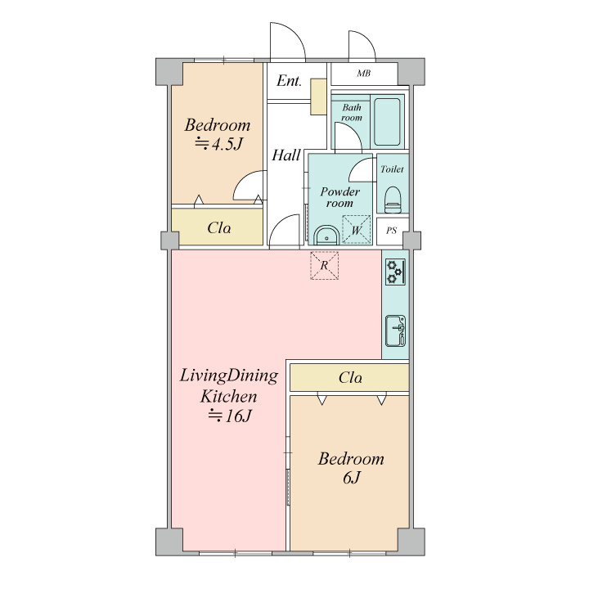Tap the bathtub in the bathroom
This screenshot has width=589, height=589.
point(387,122)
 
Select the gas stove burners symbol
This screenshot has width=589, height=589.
point(395,272)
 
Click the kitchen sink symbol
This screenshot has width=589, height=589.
point(396,330)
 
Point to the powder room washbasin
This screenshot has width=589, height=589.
point(326,236)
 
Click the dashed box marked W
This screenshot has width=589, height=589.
point(356,230)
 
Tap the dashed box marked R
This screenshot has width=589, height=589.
point(324,266)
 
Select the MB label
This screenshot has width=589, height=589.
point(363,74)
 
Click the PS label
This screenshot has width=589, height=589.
point(391,230)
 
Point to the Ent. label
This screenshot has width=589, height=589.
point(290,81)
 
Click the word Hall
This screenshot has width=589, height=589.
point(286,155)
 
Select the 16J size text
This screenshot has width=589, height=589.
point(230,416)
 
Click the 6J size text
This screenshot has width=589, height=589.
point(351,478)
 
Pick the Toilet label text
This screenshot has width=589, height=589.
point(392,169)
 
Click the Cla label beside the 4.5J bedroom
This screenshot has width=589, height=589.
point(219,227)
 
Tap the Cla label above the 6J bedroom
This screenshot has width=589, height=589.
point(350,377)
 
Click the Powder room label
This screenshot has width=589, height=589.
point(339,197)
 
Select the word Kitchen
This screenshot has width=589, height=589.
point(228,397)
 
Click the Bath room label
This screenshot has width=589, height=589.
point(352,112)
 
